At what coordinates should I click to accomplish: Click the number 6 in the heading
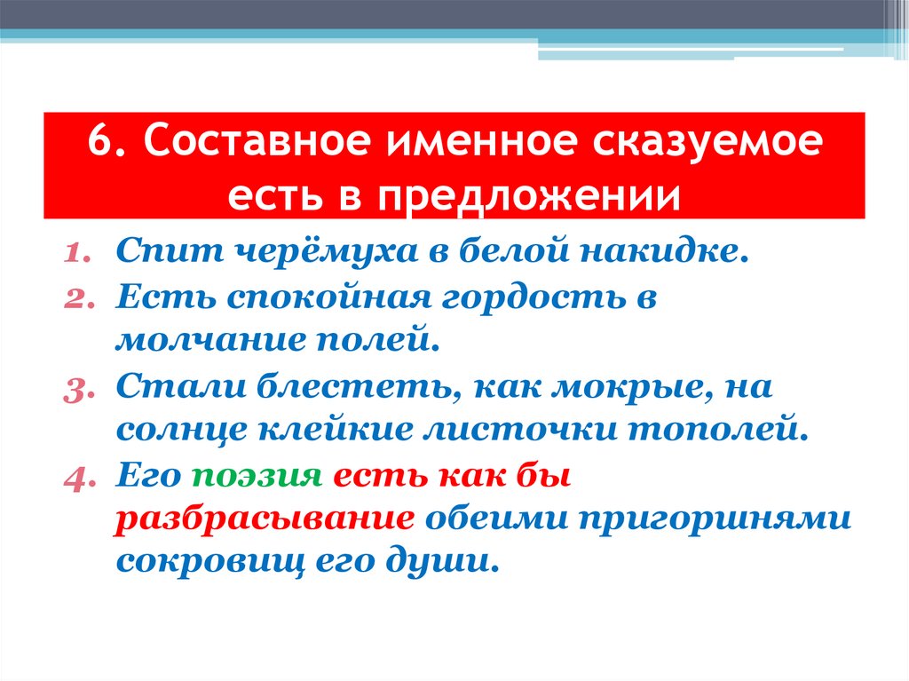click(x=99, y=144)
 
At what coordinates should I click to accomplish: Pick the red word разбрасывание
click(x=264, y=519)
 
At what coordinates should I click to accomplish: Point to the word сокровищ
click(x=203, y=563)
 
